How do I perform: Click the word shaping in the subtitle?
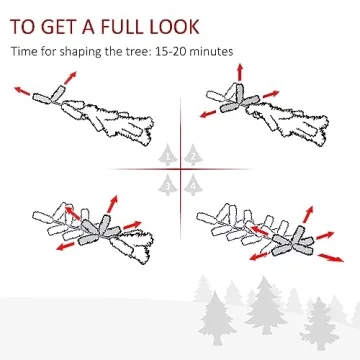coord(76,53)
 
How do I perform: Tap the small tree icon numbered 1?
coord(168,155)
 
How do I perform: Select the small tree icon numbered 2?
coord(193,155)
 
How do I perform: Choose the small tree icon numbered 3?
coord(168,185)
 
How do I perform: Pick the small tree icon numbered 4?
coord(193,185)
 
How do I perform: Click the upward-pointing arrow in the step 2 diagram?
coord(240,72)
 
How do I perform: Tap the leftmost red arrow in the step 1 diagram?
coord(22,91)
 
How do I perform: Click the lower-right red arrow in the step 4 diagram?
coord(331,258)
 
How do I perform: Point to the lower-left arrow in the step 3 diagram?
coord(66,246)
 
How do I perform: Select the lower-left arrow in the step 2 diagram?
coord(208,114)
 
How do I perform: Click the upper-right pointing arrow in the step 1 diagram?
coord(70,78)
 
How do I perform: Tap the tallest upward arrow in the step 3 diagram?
coord(113,204)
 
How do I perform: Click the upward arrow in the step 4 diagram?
coord(309,214)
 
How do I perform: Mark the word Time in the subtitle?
coord(22,52)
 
